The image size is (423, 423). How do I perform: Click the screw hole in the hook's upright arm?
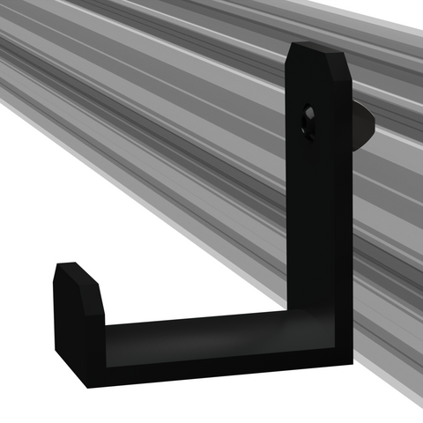pyautogui.click(x=308, y=121)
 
